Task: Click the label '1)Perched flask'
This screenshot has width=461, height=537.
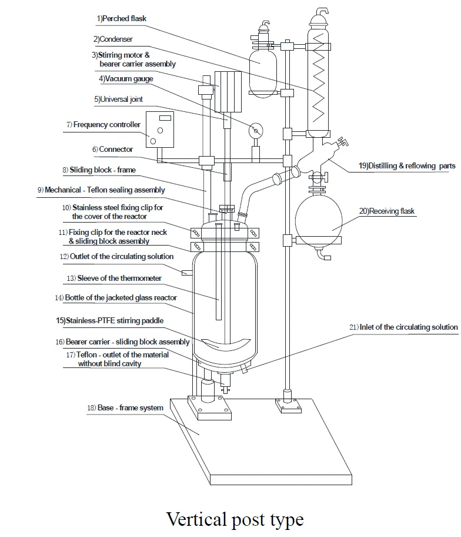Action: [x=121, y=18]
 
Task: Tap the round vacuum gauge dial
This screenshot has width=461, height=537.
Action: [x=256, y=131]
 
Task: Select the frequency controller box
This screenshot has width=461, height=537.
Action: [x=160, y=130]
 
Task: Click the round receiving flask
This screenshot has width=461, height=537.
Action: [x=318, y=220]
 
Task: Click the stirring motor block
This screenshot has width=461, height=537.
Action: [x=228, y=92]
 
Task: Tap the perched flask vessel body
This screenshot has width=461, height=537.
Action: [x=263, y=72]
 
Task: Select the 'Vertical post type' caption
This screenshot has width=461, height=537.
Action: [x=235, y=519]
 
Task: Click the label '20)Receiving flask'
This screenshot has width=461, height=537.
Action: [x=387, y=211]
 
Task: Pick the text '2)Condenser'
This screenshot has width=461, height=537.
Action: [x=113, y=39]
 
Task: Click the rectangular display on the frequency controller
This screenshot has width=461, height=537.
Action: [x=165, y=118]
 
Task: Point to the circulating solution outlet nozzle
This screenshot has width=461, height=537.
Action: [x=187, y=273]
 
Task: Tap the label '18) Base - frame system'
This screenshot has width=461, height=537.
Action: [x=125, y=407]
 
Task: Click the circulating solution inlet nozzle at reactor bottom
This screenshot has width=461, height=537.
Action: [x=245, y=369]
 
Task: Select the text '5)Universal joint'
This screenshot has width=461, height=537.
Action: [x=118, y=100]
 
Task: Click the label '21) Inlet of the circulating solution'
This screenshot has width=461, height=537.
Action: [x=403, y=327]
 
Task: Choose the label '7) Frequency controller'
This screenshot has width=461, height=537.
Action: [x=103, y=125]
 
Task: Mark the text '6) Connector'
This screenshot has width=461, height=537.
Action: [x=112, y=150]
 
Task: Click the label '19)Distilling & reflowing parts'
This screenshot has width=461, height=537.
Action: [x=407, y=166]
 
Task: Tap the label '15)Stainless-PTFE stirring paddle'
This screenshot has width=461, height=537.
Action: [x=110, y=320]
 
